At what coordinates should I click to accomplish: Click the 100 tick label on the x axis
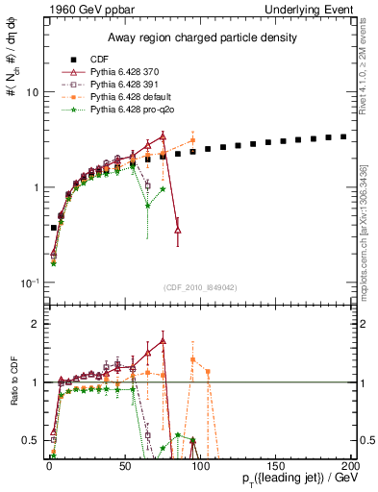point(198,465)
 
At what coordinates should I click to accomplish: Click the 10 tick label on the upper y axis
point(32,92)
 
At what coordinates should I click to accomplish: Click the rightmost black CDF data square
point(343,136)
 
